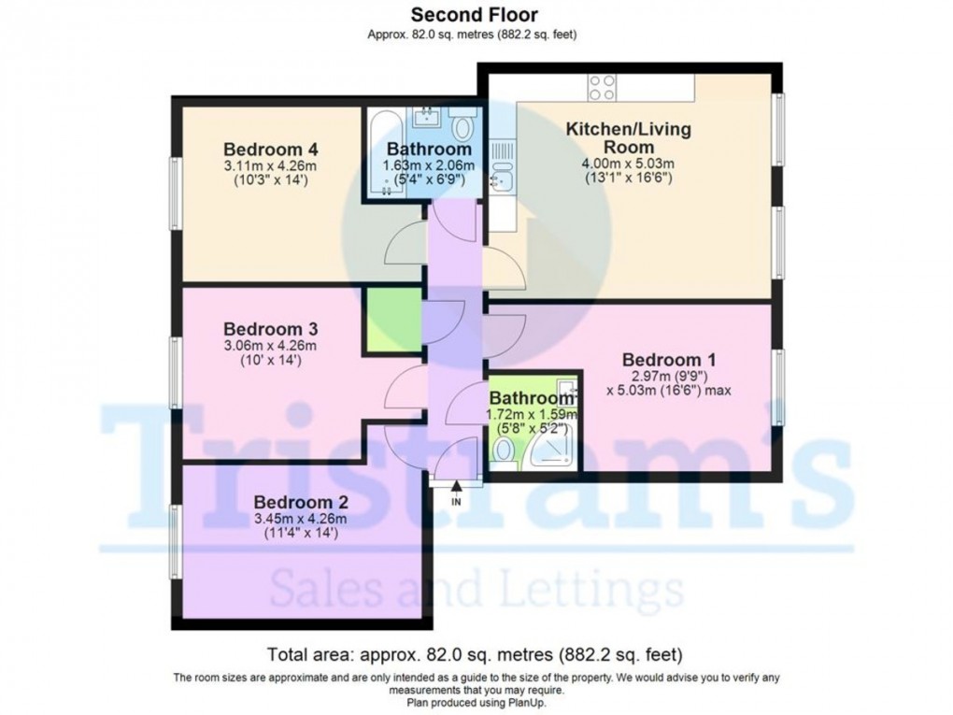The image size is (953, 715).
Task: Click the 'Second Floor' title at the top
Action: pyautogui.click(x=476, y=14)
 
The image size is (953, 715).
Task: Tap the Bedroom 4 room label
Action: pyautogui.click(x=271, y=150)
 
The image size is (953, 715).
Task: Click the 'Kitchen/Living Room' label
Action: pyautogui.click(x=629, y=137)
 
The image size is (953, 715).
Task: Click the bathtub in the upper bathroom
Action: pyautogui.click(x=377, y=154)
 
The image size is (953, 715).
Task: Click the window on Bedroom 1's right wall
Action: pyautogui.click(x=777, y=383)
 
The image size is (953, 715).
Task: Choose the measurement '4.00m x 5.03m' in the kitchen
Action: pyautogui.click(x=629, y=164)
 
